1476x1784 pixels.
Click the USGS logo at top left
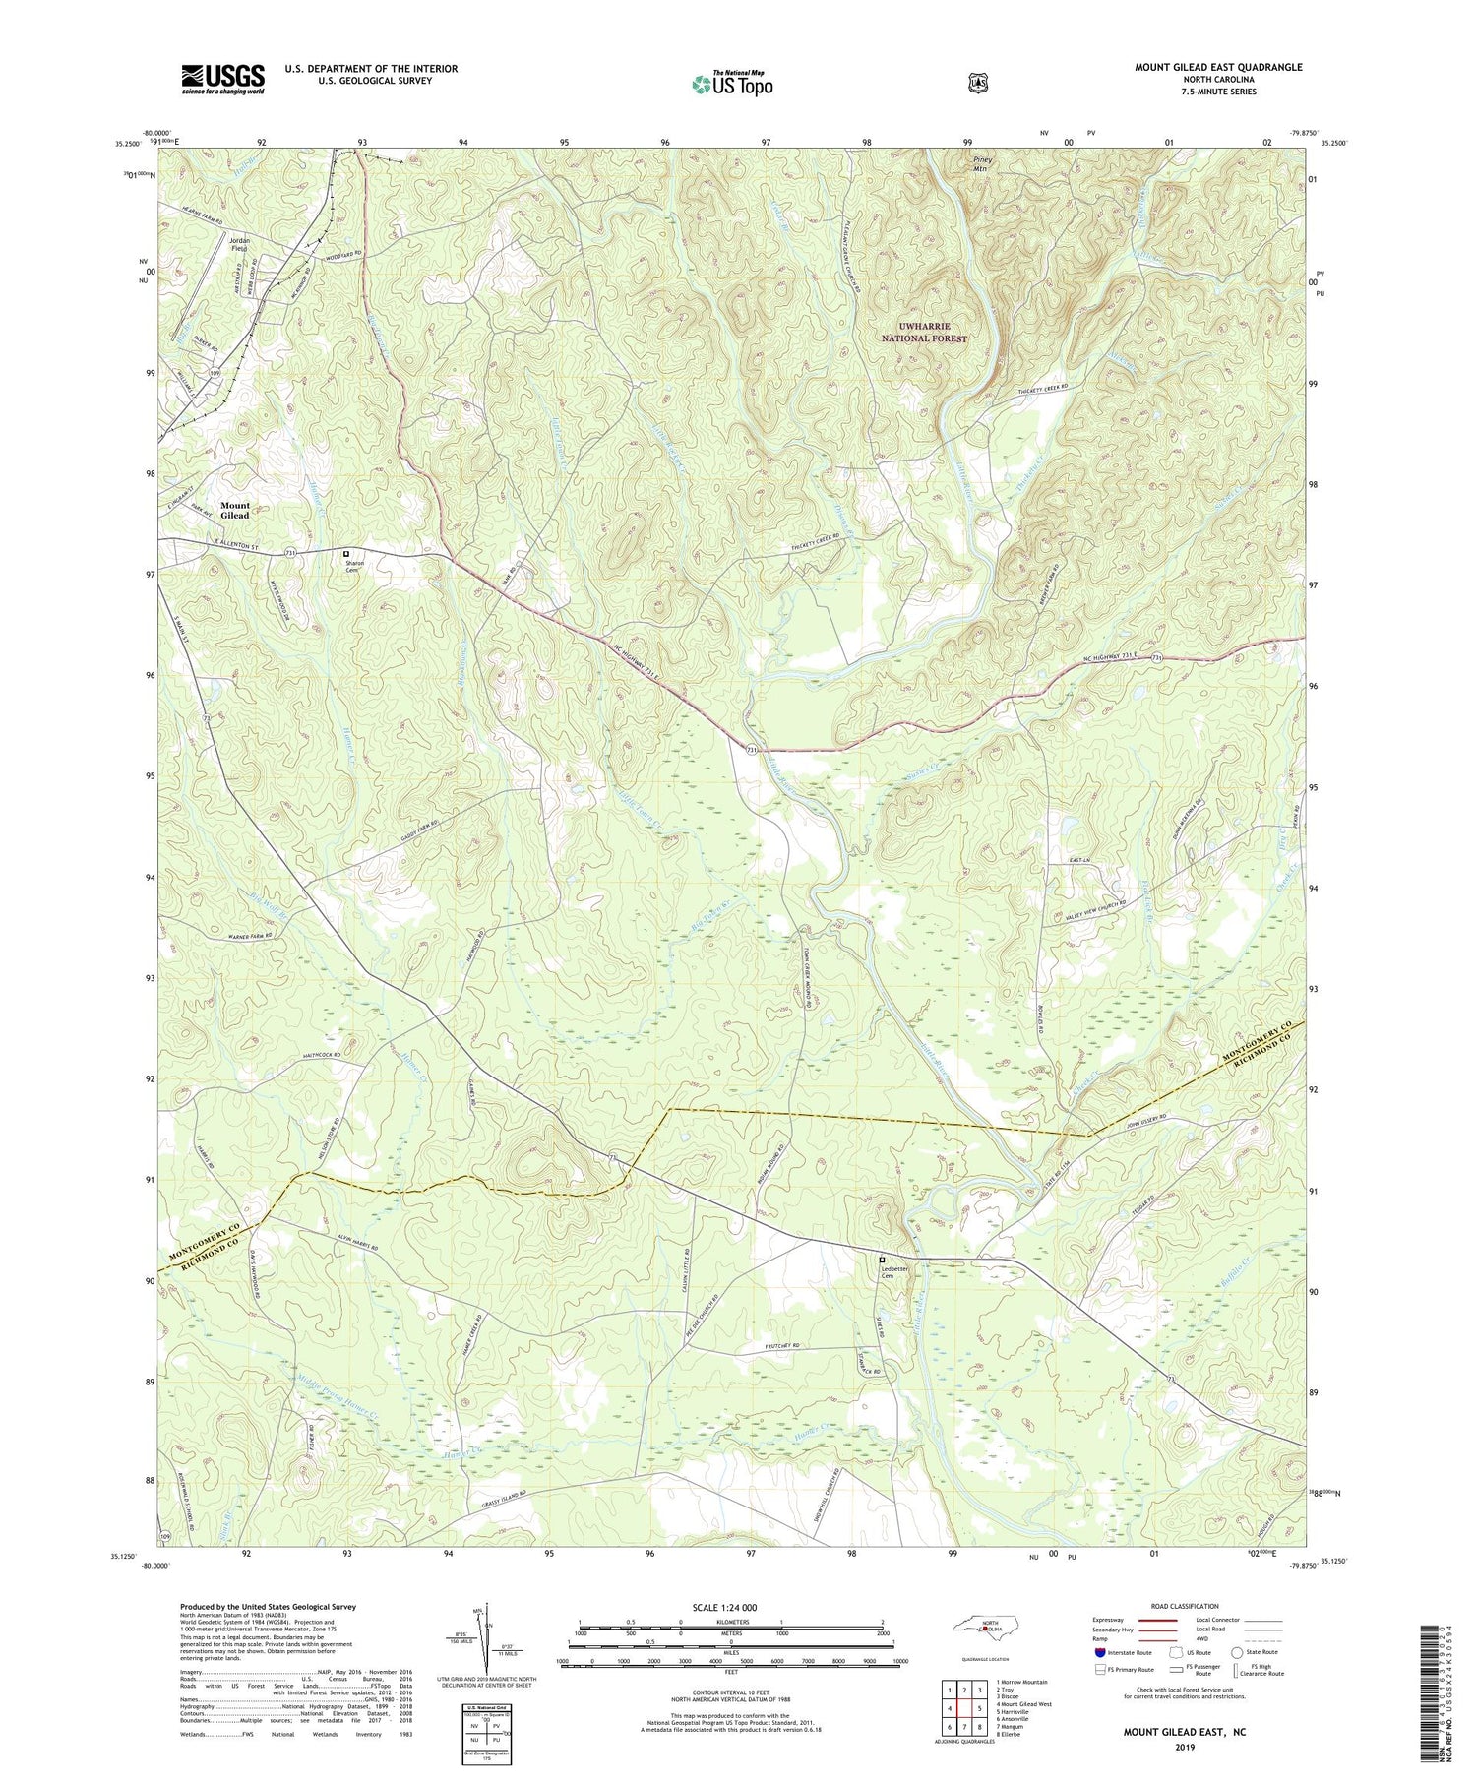(x=222, y=79)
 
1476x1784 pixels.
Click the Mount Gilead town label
(x=234, y=510)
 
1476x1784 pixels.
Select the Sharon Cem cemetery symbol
(x=345, y=554)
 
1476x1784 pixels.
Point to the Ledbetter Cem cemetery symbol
(x=882, y=1260)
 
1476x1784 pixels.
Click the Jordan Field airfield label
(x=239, y=244)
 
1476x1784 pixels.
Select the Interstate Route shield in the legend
(x=1101, y=1652)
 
